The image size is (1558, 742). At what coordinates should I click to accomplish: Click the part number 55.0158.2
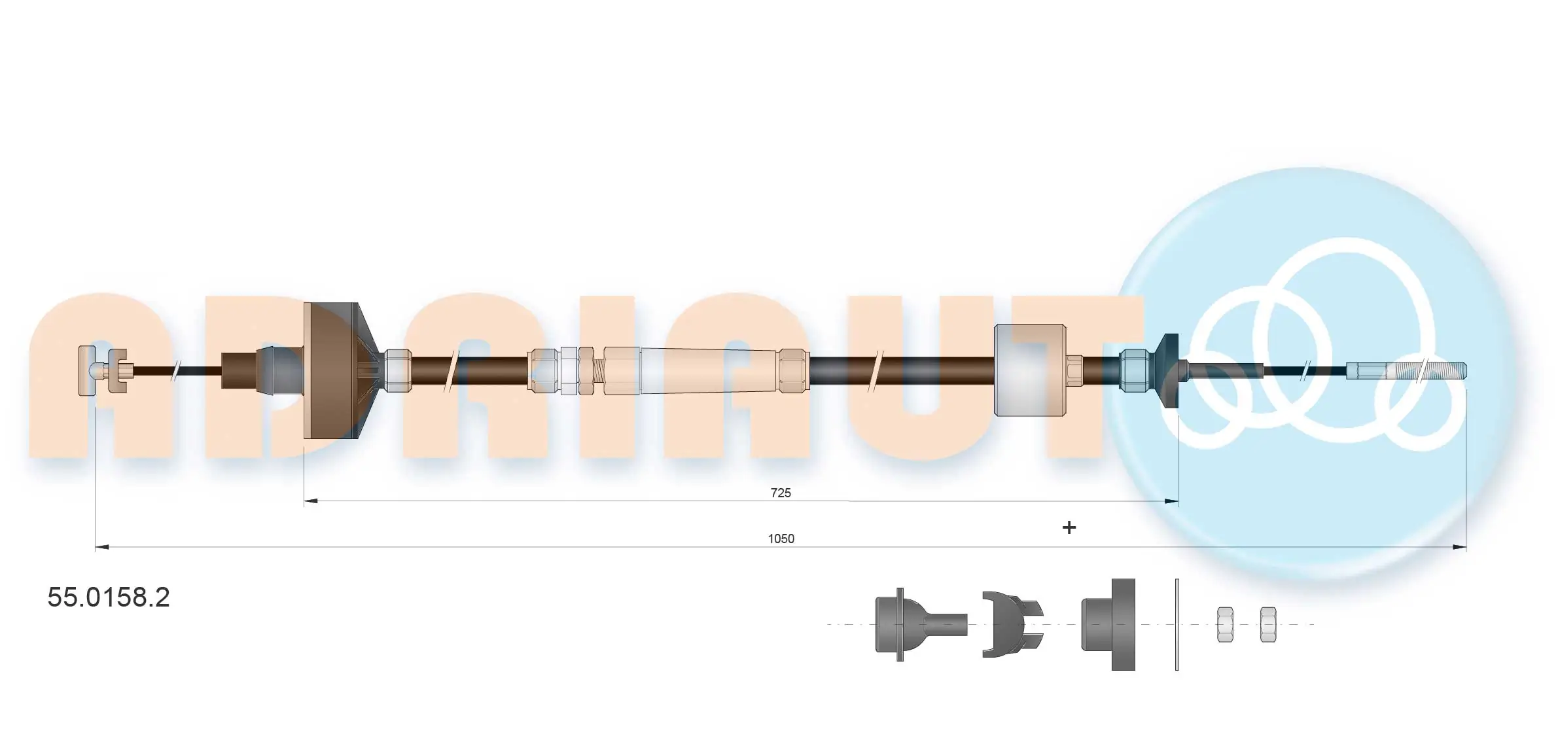click(109, 597)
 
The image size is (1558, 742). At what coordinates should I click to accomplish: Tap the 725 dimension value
click(781, 493)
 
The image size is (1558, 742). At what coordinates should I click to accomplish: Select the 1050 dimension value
click(781, 539)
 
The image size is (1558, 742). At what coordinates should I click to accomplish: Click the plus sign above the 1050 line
click(1069, 527)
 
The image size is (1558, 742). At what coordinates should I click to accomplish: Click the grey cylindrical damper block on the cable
click(1029, 370)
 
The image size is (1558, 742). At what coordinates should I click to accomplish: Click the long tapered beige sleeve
click(709, 370)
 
